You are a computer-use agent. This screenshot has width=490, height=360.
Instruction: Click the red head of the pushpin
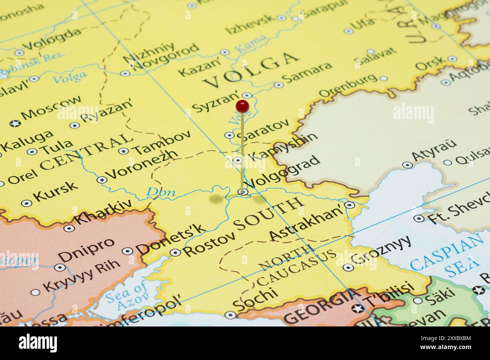point(242,106)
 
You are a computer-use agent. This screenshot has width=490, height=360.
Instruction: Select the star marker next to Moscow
point(15,123)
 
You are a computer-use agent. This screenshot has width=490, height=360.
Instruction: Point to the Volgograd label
point(283,171)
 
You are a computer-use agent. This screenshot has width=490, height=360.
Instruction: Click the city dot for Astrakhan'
point(350,205)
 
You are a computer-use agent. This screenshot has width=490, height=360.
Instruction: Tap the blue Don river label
point(161,192)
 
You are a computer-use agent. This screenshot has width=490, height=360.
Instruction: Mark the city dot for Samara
point(279,85)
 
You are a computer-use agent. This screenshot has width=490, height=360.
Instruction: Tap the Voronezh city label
point(142,165)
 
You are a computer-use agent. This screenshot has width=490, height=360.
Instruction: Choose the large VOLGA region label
point(251,71)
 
